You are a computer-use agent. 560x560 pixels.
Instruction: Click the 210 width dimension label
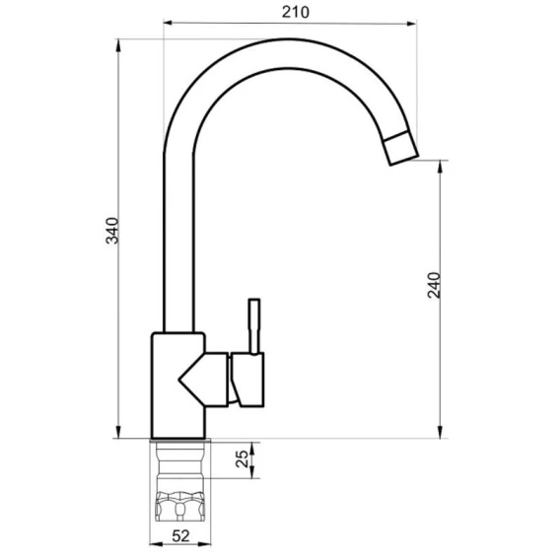pyautogui.click(x=296, y=12)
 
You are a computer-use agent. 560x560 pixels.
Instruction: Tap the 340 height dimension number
pyautogui.click(x=112, y=231)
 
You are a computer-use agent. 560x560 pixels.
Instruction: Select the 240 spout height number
pyautogui.click(x=434, y=285)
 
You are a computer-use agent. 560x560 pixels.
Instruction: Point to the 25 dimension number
pyautogui.click(x=243, y=458)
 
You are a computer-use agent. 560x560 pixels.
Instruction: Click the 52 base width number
pyautogui.click(x=180, y=535)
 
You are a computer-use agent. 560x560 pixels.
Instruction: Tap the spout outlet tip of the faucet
pyautogui.click(x=400, y=148)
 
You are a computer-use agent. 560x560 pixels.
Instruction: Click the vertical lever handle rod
pyautogui.click(x=254, y=326)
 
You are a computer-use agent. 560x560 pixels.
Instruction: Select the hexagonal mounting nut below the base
pyautogui.click(x=179, y=506)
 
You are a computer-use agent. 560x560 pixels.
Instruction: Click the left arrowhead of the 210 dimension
pyautogui.click(x=168, y=24)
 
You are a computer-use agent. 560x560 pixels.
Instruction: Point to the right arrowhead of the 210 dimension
pyautogui.click(x=411, y=24)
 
